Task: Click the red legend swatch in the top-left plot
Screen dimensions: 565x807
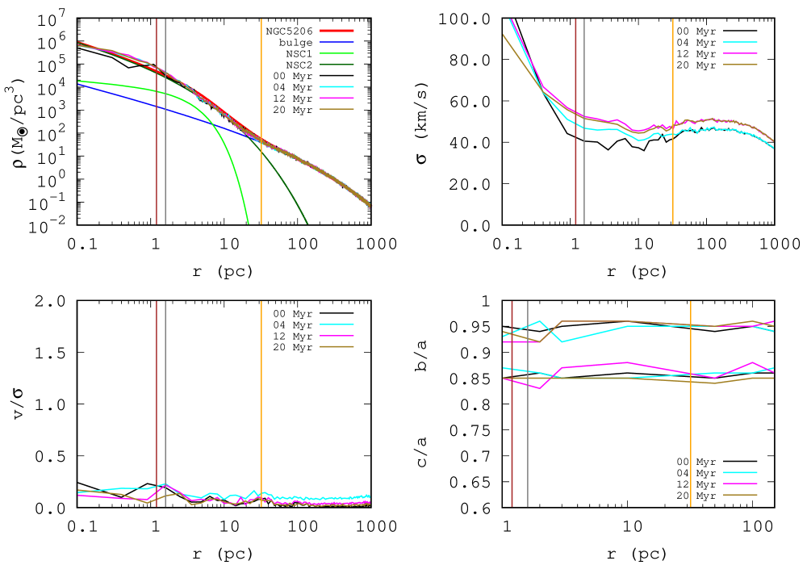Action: pos(337,31)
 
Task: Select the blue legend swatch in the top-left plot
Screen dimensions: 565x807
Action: pos(337,42)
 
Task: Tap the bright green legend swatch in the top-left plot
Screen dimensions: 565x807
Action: pos(337,53)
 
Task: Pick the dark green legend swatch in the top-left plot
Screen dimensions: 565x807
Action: pos(337,65)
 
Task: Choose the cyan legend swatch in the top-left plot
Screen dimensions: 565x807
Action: pos(337,86)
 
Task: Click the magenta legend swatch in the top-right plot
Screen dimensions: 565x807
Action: pos(740,53)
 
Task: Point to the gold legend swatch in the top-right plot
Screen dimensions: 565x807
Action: pos(740,65)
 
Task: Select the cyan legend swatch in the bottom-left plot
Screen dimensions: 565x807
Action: pos(337,324)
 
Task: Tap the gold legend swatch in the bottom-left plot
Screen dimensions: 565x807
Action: pos(337,346)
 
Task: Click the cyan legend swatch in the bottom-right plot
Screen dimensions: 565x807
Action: pos(740,472)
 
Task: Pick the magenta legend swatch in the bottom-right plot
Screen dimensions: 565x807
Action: pos(740,483)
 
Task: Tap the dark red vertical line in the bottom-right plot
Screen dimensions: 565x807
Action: pos(512,436)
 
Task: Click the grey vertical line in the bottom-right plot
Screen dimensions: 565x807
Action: pos(528,436)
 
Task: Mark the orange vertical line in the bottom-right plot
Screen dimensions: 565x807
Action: pos(691,436)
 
